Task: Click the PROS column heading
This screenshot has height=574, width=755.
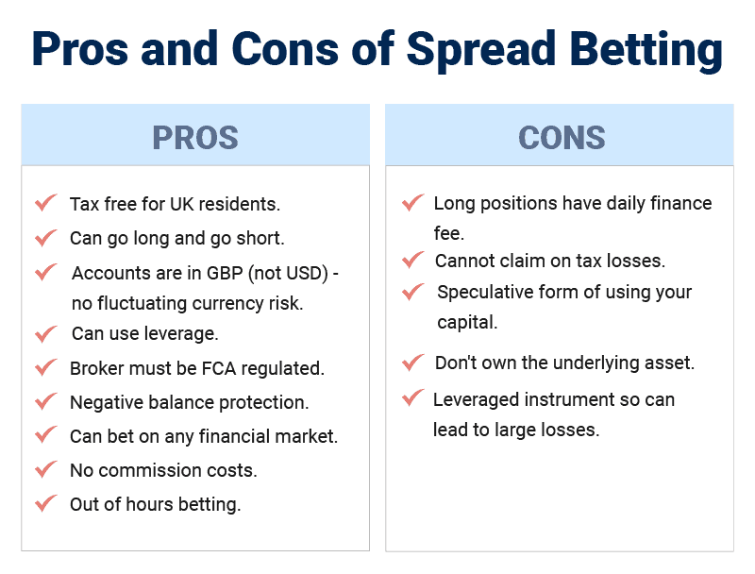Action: coord(195,138)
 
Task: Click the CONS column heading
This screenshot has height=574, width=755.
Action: coord(562,138)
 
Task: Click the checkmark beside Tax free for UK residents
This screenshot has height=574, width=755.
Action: coord(45,203)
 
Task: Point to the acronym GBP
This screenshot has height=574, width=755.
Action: coord(225,273)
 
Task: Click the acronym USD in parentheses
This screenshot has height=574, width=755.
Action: coord(304,273)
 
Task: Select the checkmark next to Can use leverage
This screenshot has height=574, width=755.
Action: coord(45,333)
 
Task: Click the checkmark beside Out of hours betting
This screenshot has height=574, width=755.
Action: coord(45,504)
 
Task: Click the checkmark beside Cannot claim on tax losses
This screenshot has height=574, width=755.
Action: coord(413,260)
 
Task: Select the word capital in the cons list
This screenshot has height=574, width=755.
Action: coord(467,323)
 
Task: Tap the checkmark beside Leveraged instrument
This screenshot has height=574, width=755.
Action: coord(413,397)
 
